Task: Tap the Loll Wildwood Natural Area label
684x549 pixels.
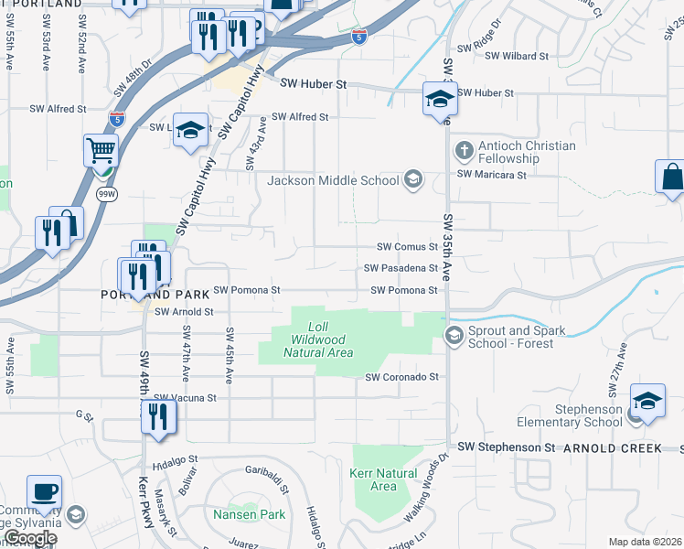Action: pyautogui.click(x=317, y=339)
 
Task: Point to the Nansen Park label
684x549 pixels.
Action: pyautogui.click(x=250, y=514)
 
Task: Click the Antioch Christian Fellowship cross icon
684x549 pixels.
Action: pyautogui.click(x=464, y=149)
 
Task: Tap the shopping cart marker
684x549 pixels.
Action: pyautogui.click(x=101, y=150)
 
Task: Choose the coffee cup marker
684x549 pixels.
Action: pyautogui.click(x=44, y=492)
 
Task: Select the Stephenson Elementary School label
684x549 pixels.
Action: pyautogui.click(x=570, y=415)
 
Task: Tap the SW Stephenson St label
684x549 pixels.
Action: pyautogui.click(x=507, y=447)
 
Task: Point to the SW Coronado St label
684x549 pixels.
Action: pyautogui.click(x=402, y=376)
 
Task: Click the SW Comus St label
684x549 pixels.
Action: pyautogui.click(x=409, y=247)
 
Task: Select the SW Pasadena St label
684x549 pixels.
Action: pyautogui.click(x=401, y=268)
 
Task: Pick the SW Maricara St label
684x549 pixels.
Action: pyautogui.click(x=492, y=174)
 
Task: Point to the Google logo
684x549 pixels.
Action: pyautogui.click(x=30, y=539)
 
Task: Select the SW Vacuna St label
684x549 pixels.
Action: pyautogui.click(x=186, y=398)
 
